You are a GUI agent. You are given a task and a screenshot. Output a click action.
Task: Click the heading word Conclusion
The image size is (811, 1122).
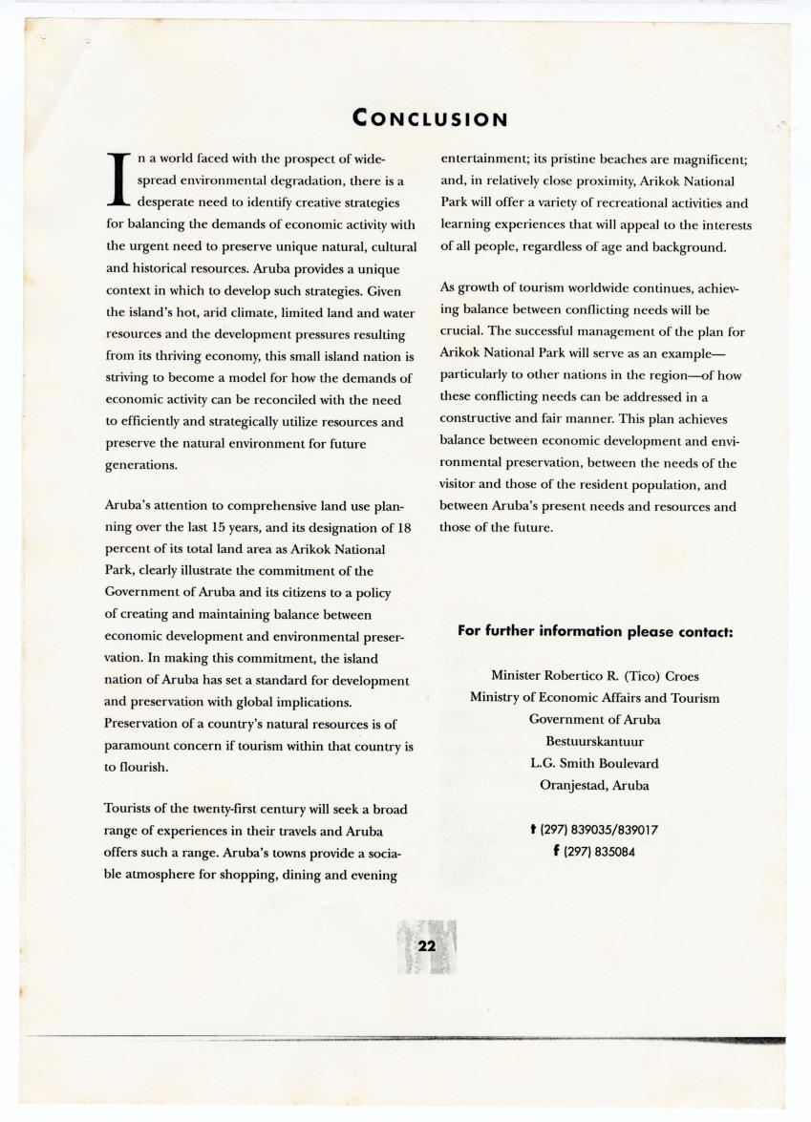coord(429,118)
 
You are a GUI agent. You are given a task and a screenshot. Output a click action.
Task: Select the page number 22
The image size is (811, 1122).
coord(426,945)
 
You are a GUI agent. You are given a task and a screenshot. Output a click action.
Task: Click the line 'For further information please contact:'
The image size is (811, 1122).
coord(595,631)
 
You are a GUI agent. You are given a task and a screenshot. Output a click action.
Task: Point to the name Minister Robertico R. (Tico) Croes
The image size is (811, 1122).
coord(595,676)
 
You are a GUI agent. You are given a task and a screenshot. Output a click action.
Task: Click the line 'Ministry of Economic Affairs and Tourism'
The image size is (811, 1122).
coord(595,698)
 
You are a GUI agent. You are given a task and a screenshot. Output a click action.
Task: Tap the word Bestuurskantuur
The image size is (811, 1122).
coord(595,741)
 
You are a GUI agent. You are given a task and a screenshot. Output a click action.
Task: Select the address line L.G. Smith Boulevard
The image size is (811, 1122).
coord(595,763)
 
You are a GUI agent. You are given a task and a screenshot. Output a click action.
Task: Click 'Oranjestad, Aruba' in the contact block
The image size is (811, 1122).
coord(595,785)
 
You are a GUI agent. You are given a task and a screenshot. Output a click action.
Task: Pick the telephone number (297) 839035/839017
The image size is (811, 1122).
coord(601,830)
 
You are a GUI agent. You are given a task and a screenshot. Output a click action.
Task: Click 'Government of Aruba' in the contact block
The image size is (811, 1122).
coord(595,719)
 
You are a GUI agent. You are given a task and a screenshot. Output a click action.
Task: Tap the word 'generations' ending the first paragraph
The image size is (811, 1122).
coord(139,464)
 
